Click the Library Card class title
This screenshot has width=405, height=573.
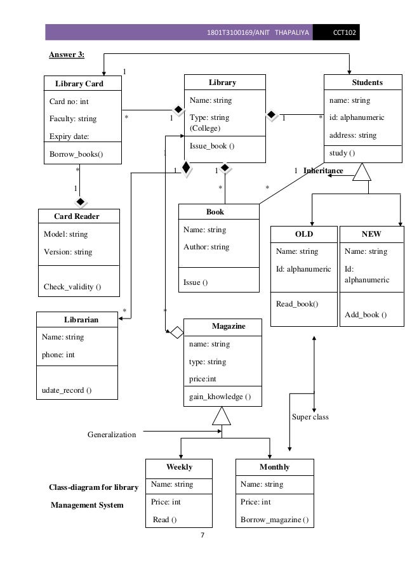(x=79, y=84)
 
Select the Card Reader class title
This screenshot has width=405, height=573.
(x=76, y=216)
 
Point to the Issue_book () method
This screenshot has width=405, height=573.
(x=212, y=146)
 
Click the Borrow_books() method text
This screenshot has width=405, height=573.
(x=76, y=154)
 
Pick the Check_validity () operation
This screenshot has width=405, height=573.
(x=72, y=287)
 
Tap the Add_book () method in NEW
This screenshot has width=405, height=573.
(x=366, y=315)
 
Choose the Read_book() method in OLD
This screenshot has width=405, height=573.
(x=297, y=304)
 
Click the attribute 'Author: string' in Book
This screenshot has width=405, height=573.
(x=206, y=247)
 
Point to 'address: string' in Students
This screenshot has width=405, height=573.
(x=352, y=135)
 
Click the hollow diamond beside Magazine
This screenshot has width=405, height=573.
(x=176, y=331)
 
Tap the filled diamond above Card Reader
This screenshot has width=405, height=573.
(x=81, y=202)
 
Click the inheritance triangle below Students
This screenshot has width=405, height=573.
(x=362, y=172)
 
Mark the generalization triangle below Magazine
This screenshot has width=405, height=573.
(x=222, y=416)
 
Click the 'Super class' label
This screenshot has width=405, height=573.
(x=310, y=417)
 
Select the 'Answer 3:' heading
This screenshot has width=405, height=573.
(x=67, y=55)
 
